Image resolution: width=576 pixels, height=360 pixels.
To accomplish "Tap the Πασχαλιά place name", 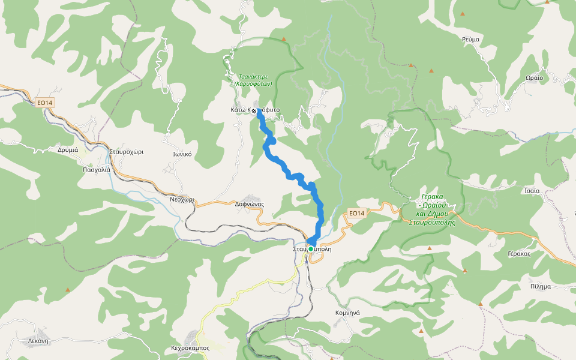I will (x=97, y=170).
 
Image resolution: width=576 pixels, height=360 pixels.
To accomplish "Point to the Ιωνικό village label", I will (x=182, y=154).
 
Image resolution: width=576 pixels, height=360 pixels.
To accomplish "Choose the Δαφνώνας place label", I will (x=250, y=204).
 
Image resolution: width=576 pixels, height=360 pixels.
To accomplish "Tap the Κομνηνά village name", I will (x=347, y=313).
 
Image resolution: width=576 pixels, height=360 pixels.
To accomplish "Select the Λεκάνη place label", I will (x=38, y=340).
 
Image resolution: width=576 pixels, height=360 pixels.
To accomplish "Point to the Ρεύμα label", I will (x=471, y=39).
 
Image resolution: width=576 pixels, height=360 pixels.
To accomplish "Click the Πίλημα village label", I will (x=540, y=286).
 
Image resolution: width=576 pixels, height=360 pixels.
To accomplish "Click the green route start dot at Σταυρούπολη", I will (x=311, y=248).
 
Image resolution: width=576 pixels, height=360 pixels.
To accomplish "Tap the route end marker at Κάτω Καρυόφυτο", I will (x=254, y=111).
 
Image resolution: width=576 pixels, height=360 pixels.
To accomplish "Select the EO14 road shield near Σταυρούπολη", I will (x=356, y=213).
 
